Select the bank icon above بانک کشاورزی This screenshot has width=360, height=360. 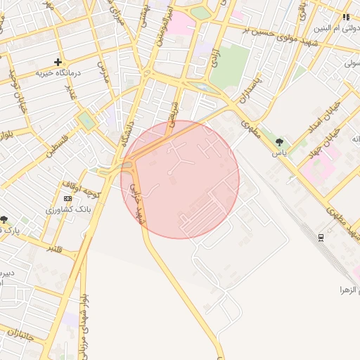[x=67, y=199]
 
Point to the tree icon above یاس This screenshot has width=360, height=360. [x=281, y=142]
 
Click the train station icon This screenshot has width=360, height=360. [x=321, y=237]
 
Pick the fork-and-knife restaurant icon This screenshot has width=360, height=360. [x=346, y=17]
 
